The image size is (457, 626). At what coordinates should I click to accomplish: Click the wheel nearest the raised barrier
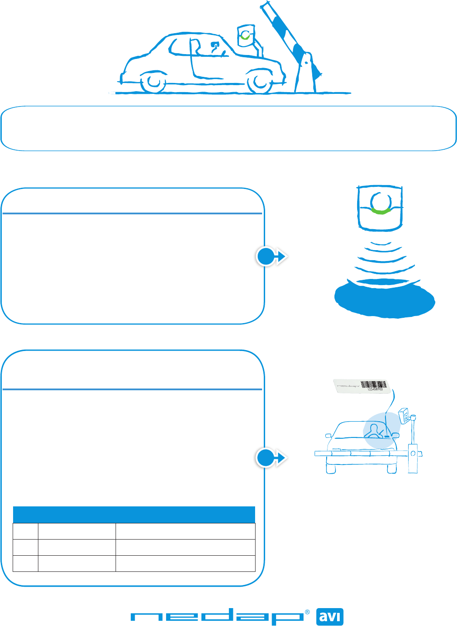coord(260,82)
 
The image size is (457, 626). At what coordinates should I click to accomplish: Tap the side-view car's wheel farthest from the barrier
coord(154,82)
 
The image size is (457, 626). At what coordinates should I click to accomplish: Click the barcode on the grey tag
coord(374,385)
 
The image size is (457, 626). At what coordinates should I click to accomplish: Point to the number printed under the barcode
coord(374,389)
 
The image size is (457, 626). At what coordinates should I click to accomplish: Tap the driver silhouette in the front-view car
coord(374,431)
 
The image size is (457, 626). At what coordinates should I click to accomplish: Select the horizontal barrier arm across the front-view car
coord(362,454)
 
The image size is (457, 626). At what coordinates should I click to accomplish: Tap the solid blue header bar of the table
coord(134,515)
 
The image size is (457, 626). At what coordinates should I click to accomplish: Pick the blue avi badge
coord(330,617)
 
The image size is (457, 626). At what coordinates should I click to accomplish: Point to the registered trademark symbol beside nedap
coord(307,612)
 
